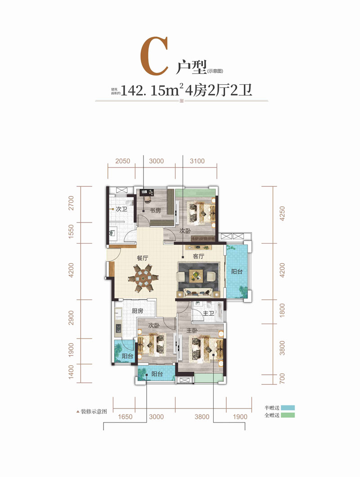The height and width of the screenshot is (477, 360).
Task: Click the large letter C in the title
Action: [155, 56]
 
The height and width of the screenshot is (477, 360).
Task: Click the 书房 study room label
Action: [155, 210]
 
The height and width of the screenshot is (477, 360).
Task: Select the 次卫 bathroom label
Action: [121, 209]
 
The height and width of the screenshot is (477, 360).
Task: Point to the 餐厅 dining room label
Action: [143, 258]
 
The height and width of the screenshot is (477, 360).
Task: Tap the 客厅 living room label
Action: [198, 256]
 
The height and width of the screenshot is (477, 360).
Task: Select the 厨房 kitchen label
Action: [137, 311]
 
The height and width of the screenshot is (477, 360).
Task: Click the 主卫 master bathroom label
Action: [208, 313]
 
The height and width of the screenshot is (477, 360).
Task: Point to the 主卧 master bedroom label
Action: [192, 330]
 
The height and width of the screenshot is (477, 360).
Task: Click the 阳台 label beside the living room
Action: [237, 271]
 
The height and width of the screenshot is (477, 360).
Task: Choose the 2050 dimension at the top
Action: [123, 161]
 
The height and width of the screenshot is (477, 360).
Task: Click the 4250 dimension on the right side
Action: [282, 214]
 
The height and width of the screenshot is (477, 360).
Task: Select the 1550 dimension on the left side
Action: [71, 232]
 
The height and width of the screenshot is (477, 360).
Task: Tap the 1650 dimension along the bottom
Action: [125, 417]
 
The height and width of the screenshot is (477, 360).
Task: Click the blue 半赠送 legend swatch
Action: [288, 408]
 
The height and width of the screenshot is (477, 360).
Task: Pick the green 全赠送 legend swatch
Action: [288, 415]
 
